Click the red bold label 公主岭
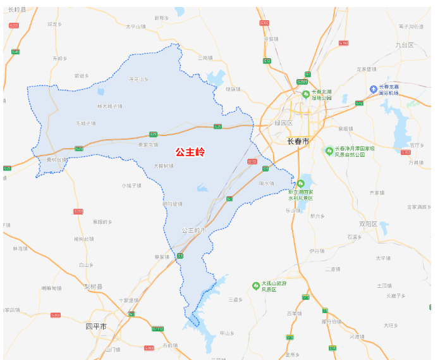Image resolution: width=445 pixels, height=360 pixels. point(190,152)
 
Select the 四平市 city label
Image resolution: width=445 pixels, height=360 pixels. point(97,326)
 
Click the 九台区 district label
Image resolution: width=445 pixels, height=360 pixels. point(404,46)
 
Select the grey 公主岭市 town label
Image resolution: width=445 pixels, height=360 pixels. point(193,230)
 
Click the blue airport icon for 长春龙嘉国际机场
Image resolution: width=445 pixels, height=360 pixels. point(374,88)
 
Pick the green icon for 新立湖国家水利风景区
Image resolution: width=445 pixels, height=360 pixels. point(300,183)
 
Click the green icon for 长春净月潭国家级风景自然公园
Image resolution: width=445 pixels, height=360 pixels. point(329,151)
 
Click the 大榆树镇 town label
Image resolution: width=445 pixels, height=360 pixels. point(164,166)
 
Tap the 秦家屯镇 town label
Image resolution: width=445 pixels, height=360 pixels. point(148,145)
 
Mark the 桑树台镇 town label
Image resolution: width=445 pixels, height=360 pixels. point(56,160)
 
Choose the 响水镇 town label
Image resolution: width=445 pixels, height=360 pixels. point(267,183)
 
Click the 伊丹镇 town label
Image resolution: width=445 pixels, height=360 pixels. point(317,251)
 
